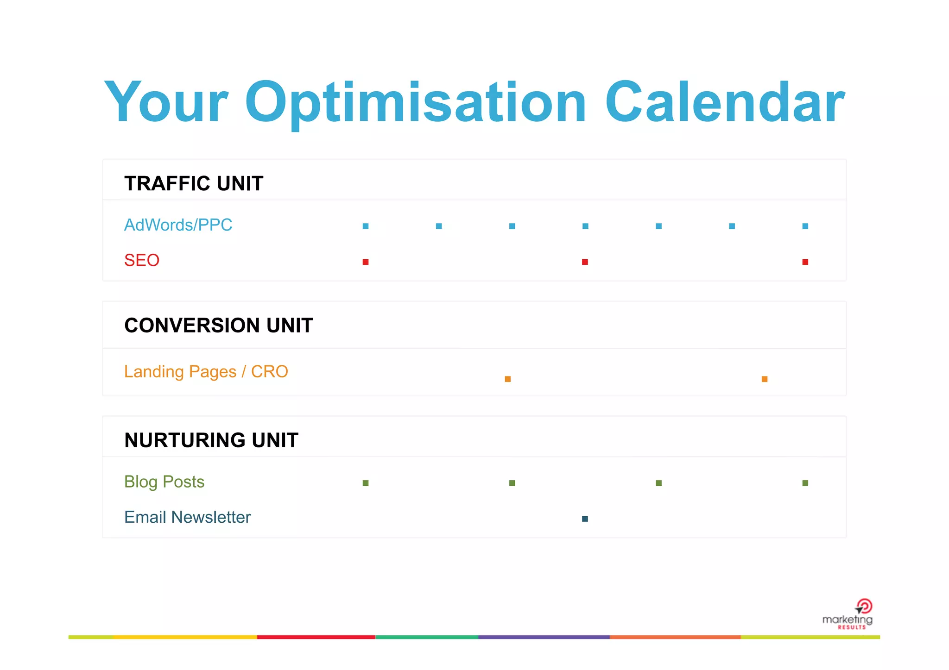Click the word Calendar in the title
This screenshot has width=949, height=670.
725,102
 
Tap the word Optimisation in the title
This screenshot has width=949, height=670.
416,102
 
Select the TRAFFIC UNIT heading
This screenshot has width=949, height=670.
194,184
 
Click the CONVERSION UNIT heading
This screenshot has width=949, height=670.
219,326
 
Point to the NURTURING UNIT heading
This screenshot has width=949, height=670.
211,440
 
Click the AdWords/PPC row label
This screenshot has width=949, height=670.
178,225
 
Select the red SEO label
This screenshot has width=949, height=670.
142,260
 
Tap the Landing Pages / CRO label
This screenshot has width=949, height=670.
206,372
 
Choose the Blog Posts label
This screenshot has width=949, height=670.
164,482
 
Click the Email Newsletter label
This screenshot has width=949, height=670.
187,517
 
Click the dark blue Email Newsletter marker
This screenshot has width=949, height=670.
585,519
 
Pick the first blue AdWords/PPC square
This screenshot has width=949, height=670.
366,226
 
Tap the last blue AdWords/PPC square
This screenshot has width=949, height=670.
805,226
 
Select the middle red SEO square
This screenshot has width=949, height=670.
585,262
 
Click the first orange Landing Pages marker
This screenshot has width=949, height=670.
508,379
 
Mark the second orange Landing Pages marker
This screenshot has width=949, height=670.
765,379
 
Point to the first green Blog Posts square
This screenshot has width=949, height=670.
366,483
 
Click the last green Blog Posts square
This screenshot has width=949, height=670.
805,483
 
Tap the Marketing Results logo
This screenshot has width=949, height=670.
848,615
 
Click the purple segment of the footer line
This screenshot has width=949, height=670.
544,638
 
